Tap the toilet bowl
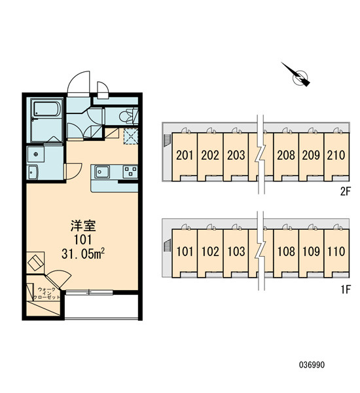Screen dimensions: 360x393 pyautogui.click(x=125, y=117)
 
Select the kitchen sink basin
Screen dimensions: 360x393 pyautogui.click(x=102, y=172)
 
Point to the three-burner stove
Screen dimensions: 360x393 pyautogui.click(x=130, y=172)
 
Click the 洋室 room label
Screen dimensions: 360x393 pyautogui.click(x=83, y=225)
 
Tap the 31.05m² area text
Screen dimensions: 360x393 pyautogui.click(x=83, y=254)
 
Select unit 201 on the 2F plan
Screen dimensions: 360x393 pyautogui.click(x=185, y=155)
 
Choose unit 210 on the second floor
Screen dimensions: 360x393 pyautogui.click(x=336, y=155)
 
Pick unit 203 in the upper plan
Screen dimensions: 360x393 pyautogui.click(x=236, y=155)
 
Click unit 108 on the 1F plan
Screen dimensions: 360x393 pyautogui.click(x=286, y=252)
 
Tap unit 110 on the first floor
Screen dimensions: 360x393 pyautogui.click(x=336, y=252)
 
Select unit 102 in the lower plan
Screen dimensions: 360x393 pyautogui.click(x=210, y=252)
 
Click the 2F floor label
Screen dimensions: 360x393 pyautogui.click(x=345, y=192)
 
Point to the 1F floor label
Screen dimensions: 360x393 pyautogui.click(x=346, y=290)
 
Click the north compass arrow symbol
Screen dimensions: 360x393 pyautogui.click(x=297, y=75)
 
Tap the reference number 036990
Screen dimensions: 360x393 pyautogui.click(x=312, y=365)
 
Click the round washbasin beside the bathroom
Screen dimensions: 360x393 pyautogui.click(x=36, y=154)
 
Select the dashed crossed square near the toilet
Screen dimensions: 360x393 pyautogui.click(x=130, y=136)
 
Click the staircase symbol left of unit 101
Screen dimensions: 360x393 pyautogui.click(x=167, y=244)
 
